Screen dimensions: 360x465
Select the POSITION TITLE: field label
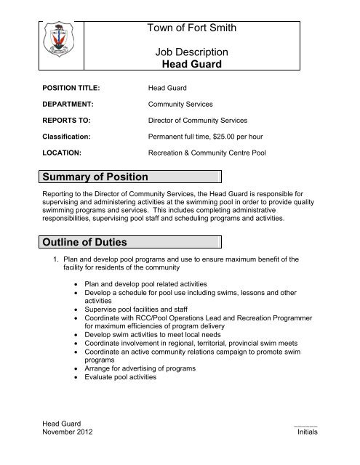coord(70,88)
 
